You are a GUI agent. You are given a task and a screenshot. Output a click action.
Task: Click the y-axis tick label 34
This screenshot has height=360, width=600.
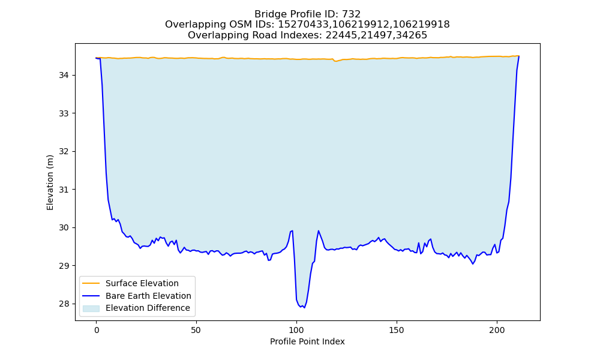click(64, 76)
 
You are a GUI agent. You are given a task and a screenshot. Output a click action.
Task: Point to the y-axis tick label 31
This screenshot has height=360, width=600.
click(64, 190)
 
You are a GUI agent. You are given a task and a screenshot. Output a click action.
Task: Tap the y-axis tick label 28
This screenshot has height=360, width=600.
click(64, 304)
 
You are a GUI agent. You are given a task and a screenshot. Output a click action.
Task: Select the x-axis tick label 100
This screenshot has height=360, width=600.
click(296, 330)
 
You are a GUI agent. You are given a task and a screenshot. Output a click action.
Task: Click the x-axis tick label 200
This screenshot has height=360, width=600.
click(497, 330)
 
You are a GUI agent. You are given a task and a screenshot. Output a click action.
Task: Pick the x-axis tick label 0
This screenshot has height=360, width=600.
click(96, 330)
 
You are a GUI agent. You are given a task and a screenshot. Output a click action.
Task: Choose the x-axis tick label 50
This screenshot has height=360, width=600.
click(196, 330)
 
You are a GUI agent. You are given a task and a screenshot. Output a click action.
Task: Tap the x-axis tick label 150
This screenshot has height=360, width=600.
click(397, 330)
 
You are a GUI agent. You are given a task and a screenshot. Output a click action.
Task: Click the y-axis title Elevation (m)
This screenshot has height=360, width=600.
click(50, 182)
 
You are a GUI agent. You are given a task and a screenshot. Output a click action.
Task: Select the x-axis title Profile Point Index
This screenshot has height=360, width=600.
click(307, 341)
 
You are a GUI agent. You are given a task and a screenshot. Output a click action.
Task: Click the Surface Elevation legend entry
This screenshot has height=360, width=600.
click(142, 283)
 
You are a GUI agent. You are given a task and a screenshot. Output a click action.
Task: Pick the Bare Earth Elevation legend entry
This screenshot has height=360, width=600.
click(148, 296)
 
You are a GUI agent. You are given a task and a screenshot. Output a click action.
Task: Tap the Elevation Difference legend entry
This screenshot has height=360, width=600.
click(148, 308)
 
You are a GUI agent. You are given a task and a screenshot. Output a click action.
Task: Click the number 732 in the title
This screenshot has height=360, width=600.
click(351, 14)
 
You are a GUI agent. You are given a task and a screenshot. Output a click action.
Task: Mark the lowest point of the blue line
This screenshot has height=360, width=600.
click(304, 308)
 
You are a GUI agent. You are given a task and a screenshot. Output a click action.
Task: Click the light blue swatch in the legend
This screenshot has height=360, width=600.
click(91, 308)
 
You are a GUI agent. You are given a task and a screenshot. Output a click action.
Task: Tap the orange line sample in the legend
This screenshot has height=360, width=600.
click(91, 283)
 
